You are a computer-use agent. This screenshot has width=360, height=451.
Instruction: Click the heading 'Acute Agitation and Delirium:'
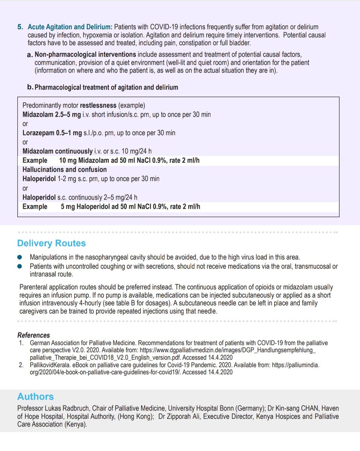click(70, 27)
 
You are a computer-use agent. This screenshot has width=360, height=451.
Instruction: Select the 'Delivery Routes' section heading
click(52, 243)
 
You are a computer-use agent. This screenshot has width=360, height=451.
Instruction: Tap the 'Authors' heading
click(35, 397)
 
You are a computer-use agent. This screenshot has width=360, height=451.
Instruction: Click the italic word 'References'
click(33, 335)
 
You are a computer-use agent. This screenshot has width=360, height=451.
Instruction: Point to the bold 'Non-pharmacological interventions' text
click(85, 55)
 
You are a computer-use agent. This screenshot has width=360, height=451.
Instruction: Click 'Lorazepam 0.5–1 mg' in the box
click(52, 133)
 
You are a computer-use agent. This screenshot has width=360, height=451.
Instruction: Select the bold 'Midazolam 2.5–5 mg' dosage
click(52, 114)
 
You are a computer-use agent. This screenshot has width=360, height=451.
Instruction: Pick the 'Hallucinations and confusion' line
click(64, 170)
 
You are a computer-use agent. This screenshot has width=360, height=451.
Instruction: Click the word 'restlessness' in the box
click(98, 105)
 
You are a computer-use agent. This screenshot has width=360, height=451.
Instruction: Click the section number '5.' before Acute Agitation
click(20, 27)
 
